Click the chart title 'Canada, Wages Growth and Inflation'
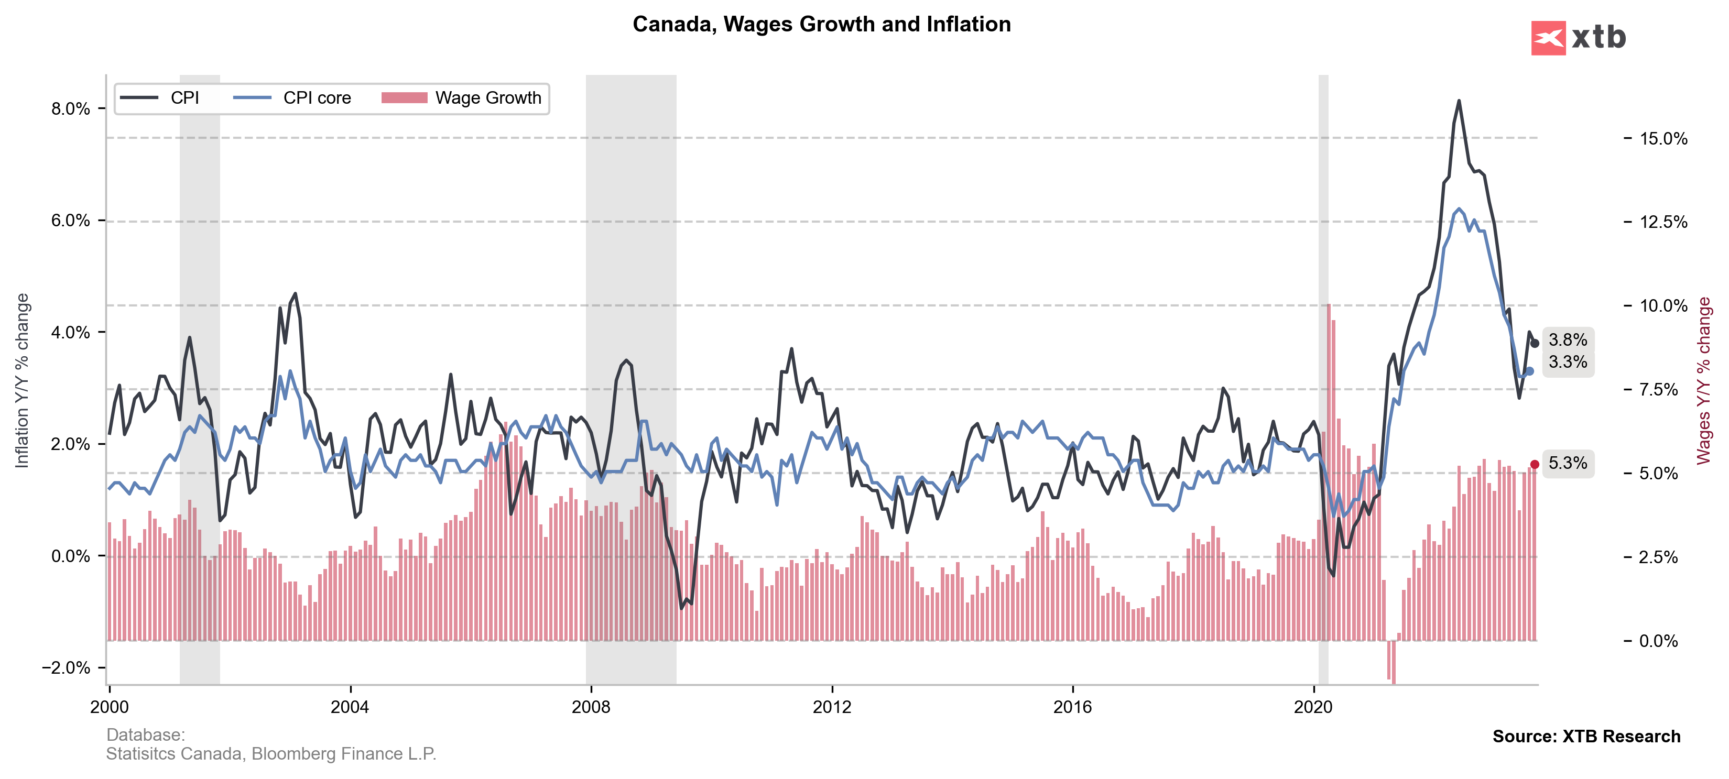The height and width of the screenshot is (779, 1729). (x=822, y=24)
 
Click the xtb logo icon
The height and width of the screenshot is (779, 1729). (x=1548, y=38)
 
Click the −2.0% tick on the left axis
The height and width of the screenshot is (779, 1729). (x=66, y=667)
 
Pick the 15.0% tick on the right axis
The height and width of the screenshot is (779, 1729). (x=1663, y=139)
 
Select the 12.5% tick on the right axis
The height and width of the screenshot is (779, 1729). (x=1663, y=222)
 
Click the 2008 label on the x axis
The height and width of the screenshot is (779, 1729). (x=591, y=707)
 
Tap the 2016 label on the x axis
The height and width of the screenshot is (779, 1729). (x=1073, y=707)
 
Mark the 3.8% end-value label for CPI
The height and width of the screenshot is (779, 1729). (x=1568, y=340)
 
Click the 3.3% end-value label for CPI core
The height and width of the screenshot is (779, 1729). (x=1568, y=363)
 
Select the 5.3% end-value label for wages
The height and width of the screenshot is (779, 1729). (x=1568, y=463)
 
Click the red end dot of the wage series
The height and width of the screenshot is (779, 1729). (x=1535, y=464)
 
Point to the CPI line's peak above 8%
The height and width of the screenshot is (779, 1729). (x=1459, y=101)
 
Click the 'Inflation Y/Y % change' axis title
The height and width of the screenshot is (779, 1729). (x=22, y=380)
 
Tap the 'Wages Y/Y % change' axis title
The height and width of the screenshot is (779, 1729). (x=1703, y=380)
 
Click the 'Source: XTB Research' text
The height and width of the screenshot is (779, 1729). (x=1586, y=736)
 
